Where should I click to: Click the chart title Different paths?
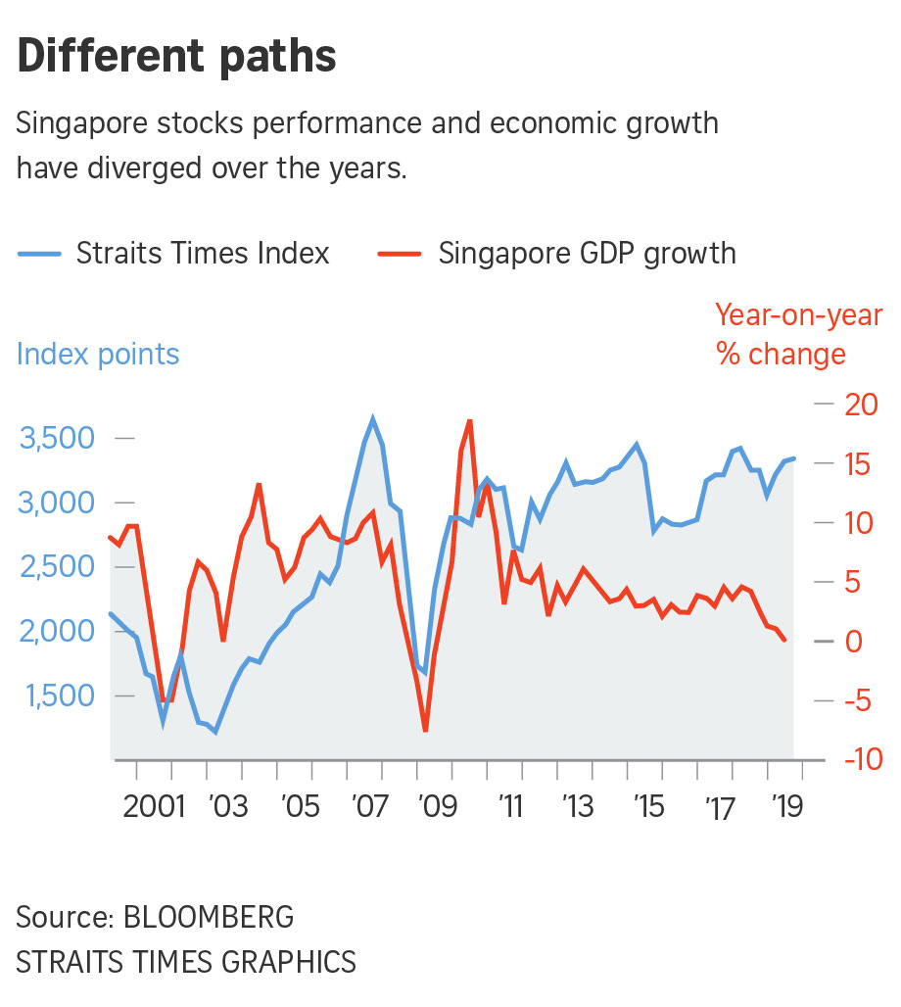pyautogui.click(x=176, y=57)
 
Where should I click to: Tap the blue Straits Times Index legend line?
pyautogui.click(x=40, y=254)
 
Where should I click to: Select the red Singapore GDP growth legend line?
pyautogui.click(x=400, y=254)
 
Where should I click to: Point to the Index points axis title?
pyautogui.click(x=98, y=354)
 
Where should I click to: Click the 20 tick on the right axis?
pyautogui.click(x=863, y=404)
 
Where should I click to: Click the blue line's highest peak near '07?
pyautogui.click(x=372, y=419)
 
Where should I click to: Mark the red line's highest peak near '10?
pyautogui.click(x=470, y=420)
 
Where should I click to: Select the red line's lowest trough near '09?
pyautogui.click(x=425, y=730)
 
